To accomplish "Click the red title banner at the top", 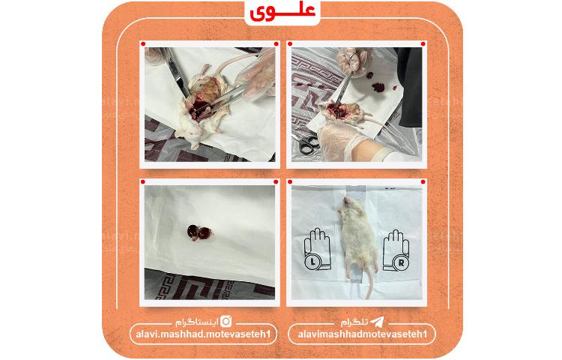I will click(282, 11).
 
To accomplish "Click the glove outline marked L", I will click(317, 250).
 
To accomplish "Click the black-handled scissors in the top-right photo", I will click(308, 144).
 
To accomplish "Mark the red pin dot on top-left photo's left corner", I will click(145, 44).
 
